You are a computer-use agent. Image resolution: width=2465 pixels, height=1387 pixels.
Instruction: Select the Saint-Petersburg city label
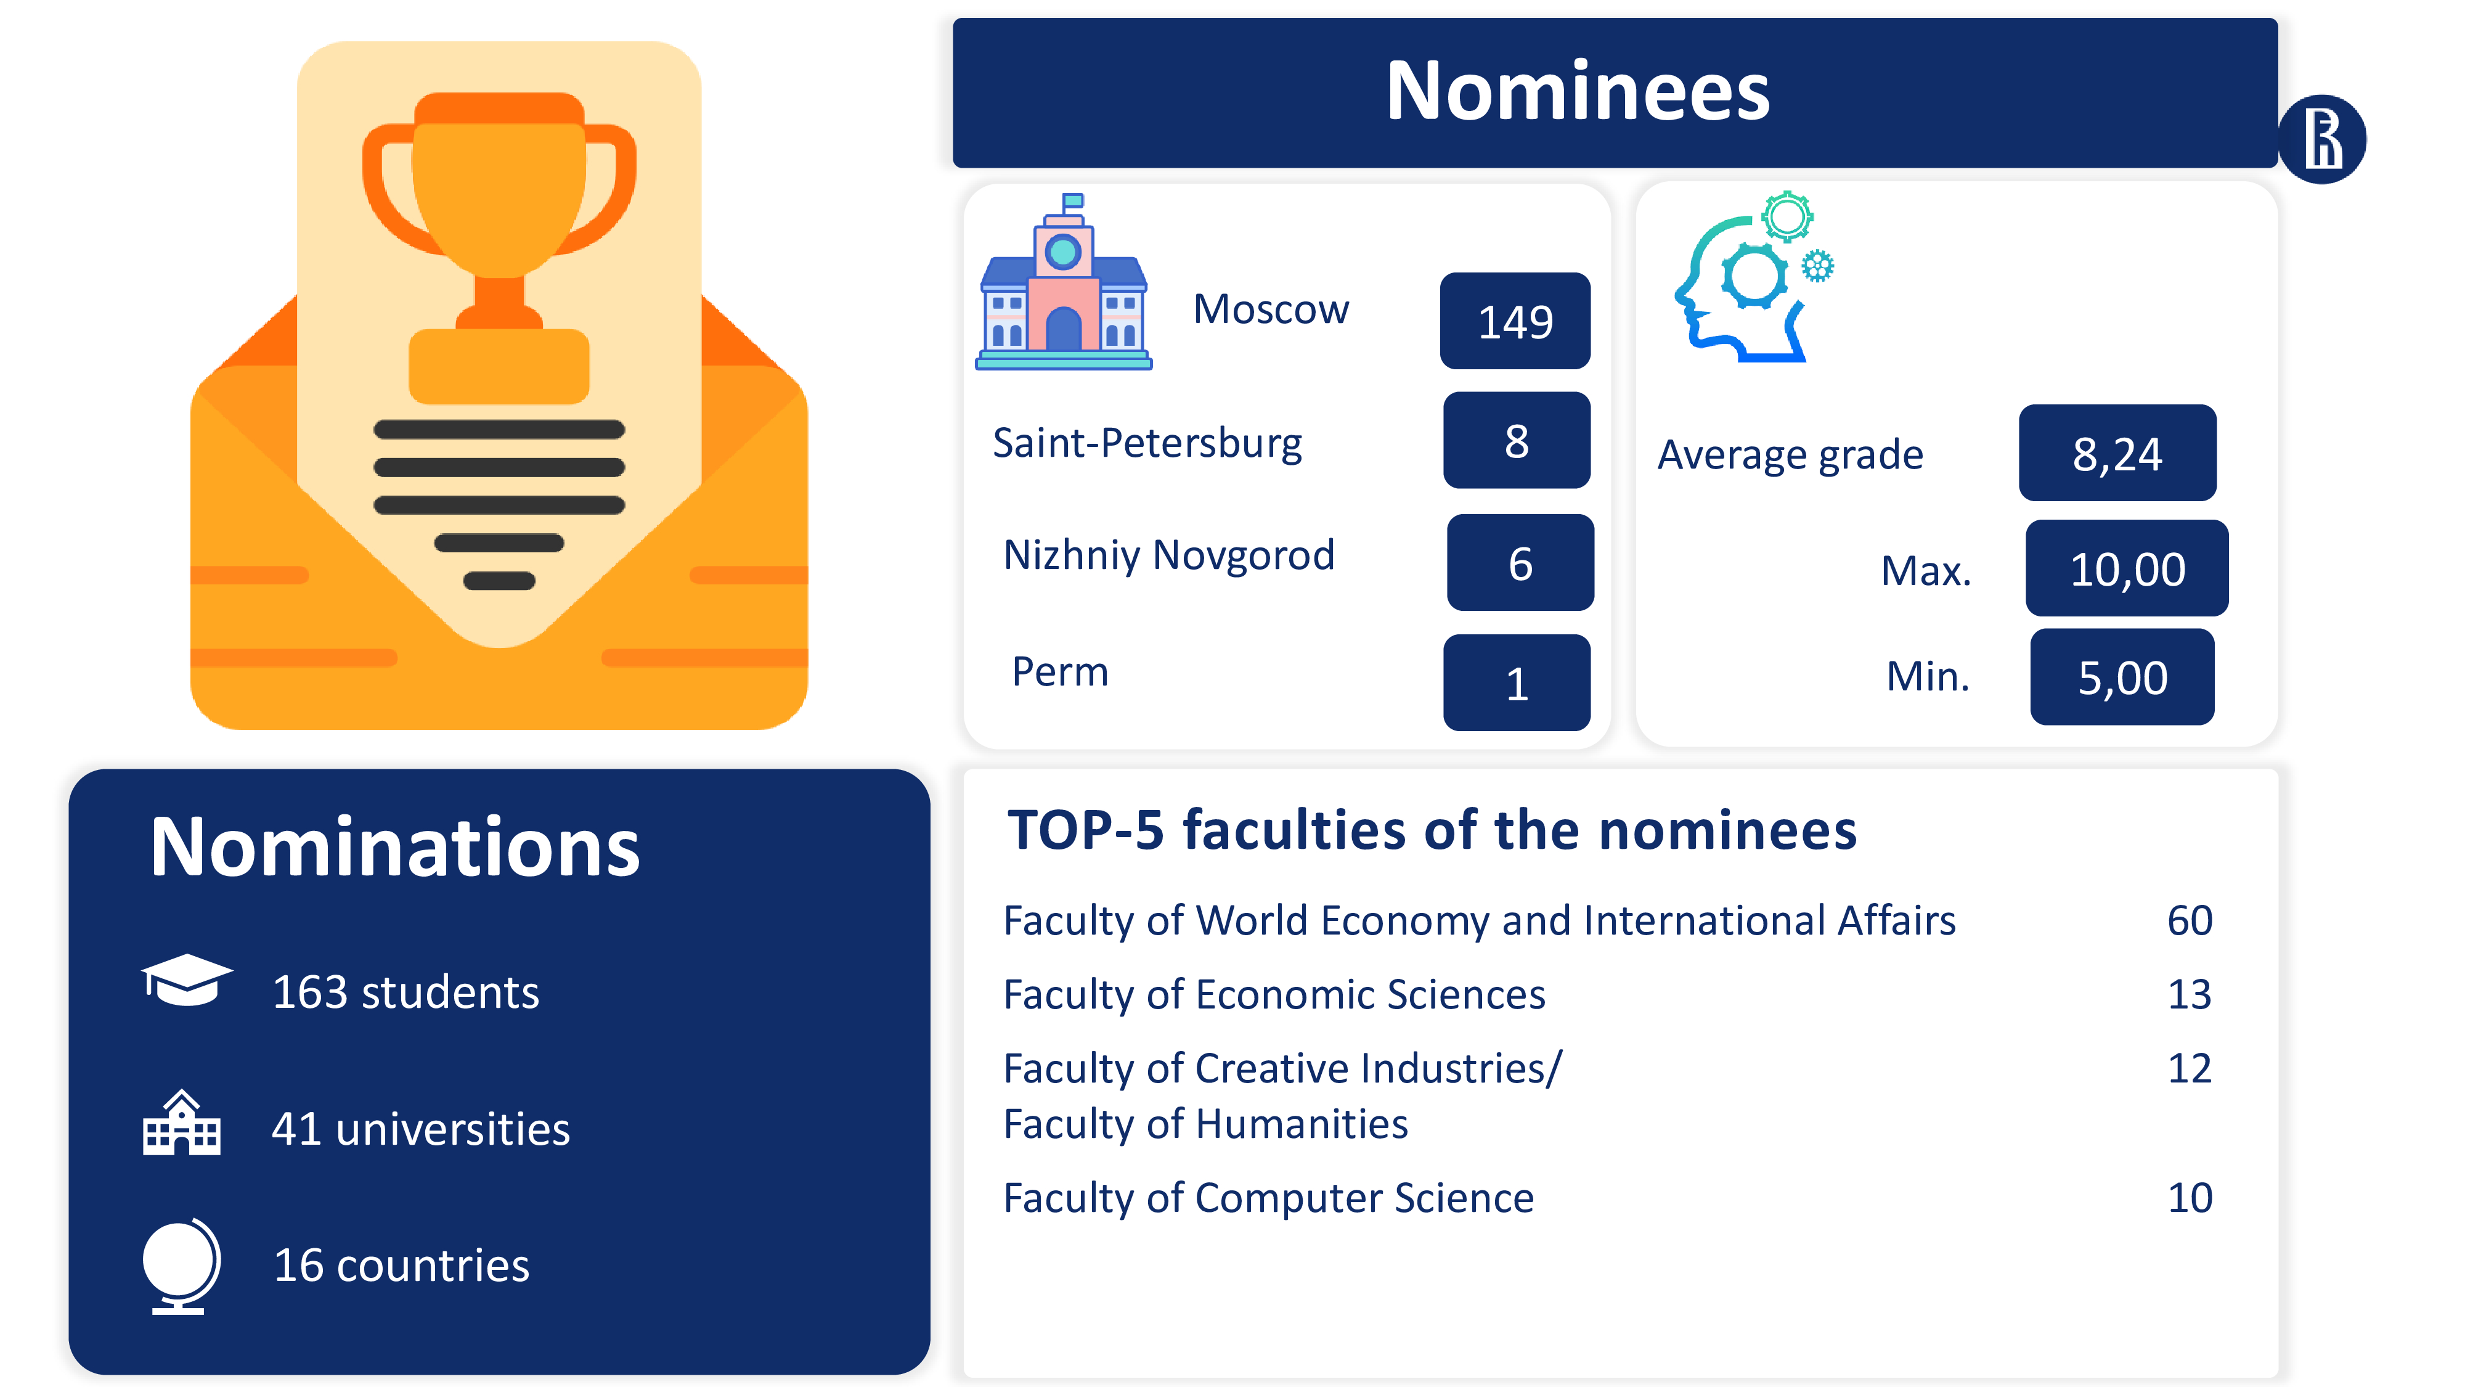[1147, 443]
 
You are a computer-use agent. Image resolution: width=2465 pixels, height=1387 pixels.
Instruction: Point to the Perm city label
[1060, 672]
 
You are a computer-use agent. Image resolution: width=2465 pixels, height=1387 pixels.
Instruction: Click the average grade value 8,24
[2117, 452]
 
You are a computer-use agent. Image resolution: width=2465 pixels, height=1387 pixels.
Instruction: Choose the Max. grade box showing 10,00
[2127, 568]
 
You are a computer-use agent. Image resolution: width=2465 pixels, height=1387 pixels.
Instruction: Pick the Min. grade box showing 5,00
[2122, 677]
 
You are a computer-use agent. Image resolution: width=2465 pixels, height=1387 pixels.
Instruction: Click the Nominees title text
[1578, 92]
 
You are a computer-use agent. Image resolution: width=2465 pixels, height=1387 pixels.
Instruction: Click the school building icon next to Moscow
[1063, 282]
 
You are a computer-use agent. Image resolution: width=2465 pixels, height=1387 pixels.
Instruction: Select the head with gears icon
[1753, 277]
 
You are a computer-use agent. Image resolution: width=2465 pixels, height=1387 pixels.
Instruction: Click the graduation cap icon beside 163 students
[187, 980]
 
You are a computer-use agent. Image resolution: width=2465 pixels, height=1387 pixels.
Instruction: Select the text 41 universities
[421, 1129]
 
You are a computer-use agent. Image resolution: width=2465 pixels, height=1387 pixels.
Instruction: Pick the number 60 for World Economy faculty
[2190, 921]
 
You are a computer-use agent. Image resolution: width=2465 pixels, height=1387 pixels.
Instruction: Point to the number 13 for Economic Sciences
[2190, 994]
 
